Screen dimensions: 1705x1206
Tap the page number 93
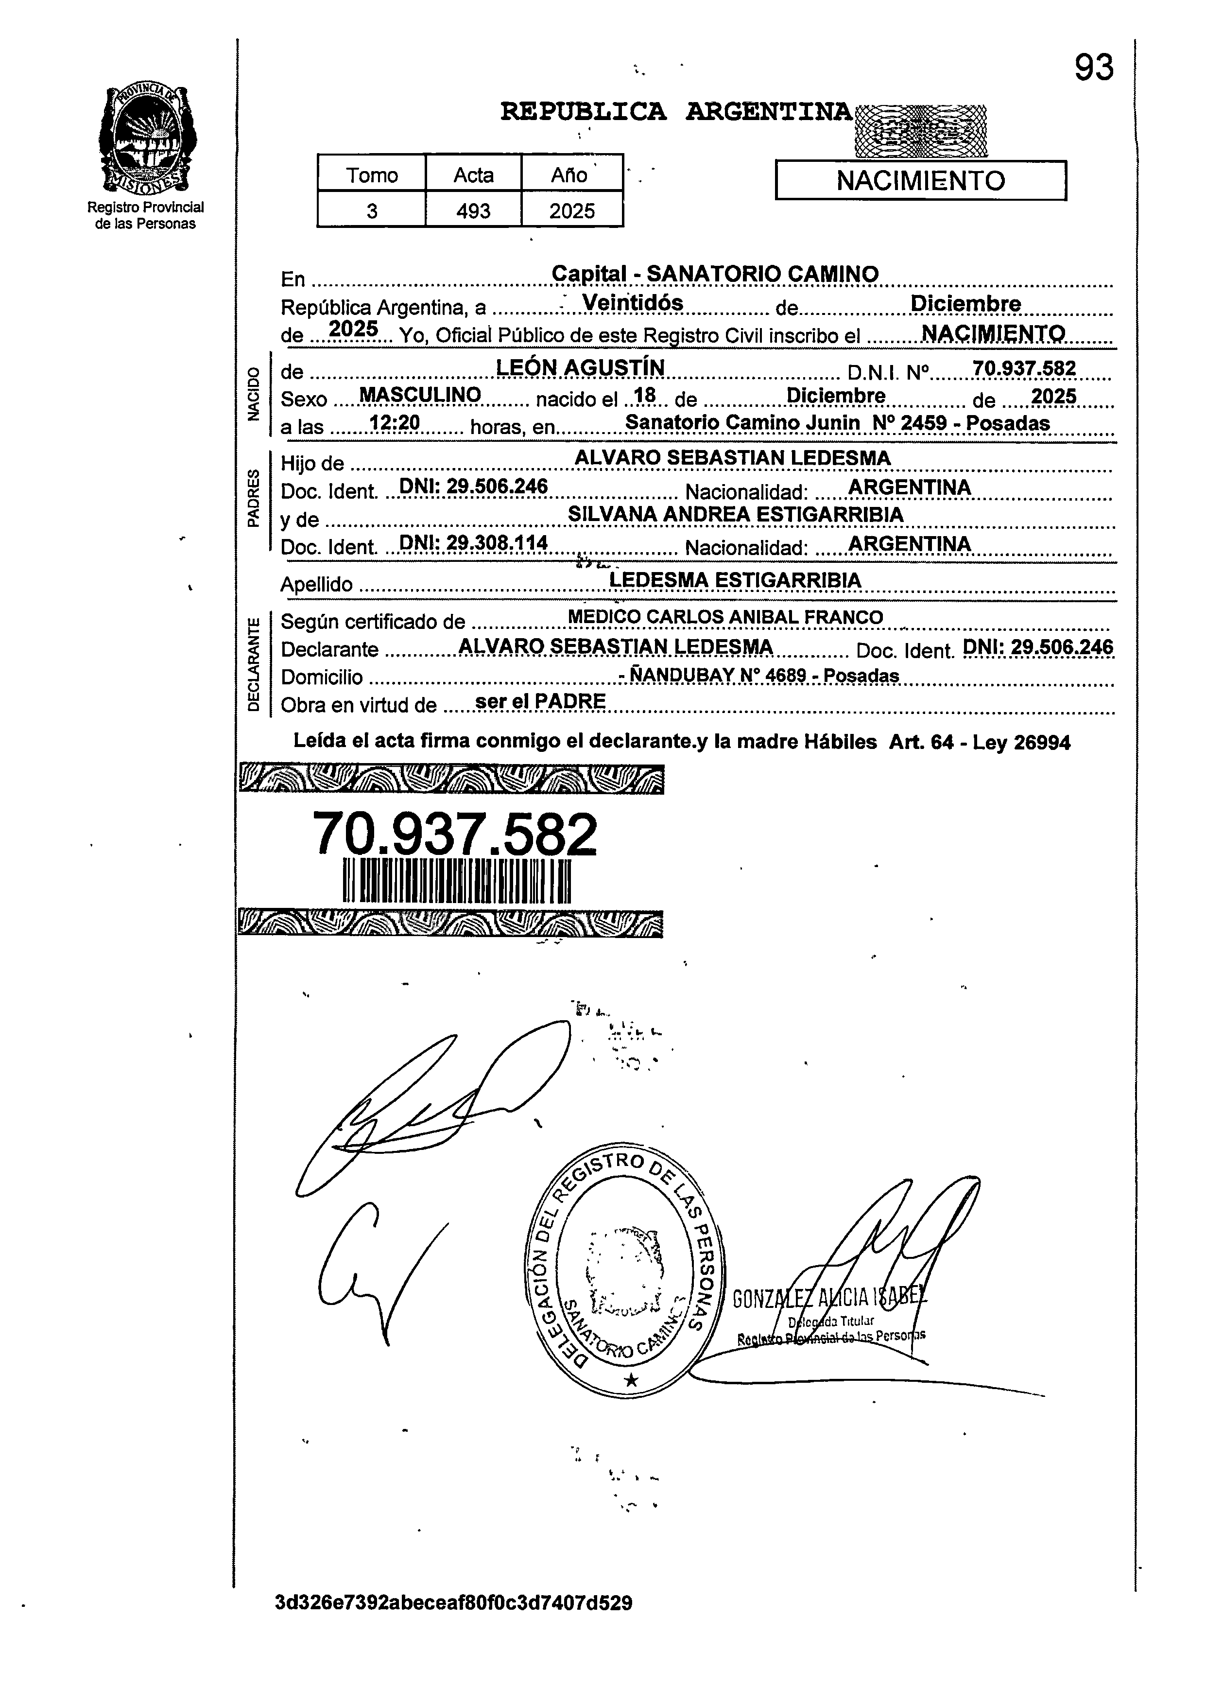(1093, 69)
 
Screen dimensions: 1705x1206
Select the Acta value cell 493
(473, 211)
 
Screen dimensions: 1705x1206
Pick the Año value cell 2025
(572, 211)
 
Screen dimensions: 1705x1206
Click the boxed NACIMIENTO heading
(920, 180)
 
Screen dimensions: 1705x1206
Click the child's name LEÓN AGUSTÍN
(580, 367)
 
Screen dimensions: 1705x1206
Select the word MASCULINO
(420, 395)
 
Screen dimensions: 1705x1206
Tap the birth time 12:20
(395, 423)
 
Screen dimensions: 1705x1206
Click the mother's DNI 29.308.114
(473, 543)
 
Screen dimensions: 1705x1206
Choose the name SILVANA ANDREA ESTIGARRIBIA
(735, 515)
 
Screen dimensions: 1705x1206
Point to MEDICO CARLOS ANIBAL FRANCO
(725, 617)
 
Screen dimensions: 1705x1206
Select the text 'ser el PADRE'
(540, 702)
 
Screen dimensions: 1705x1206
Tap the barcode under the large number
(457, 882)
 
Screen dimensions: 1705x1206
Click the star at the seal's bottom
(631, 1380)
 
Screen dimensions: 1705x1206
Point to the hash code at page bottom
(453, 1624)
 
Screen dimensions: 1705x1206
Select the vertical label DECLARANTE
(255, 664)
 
